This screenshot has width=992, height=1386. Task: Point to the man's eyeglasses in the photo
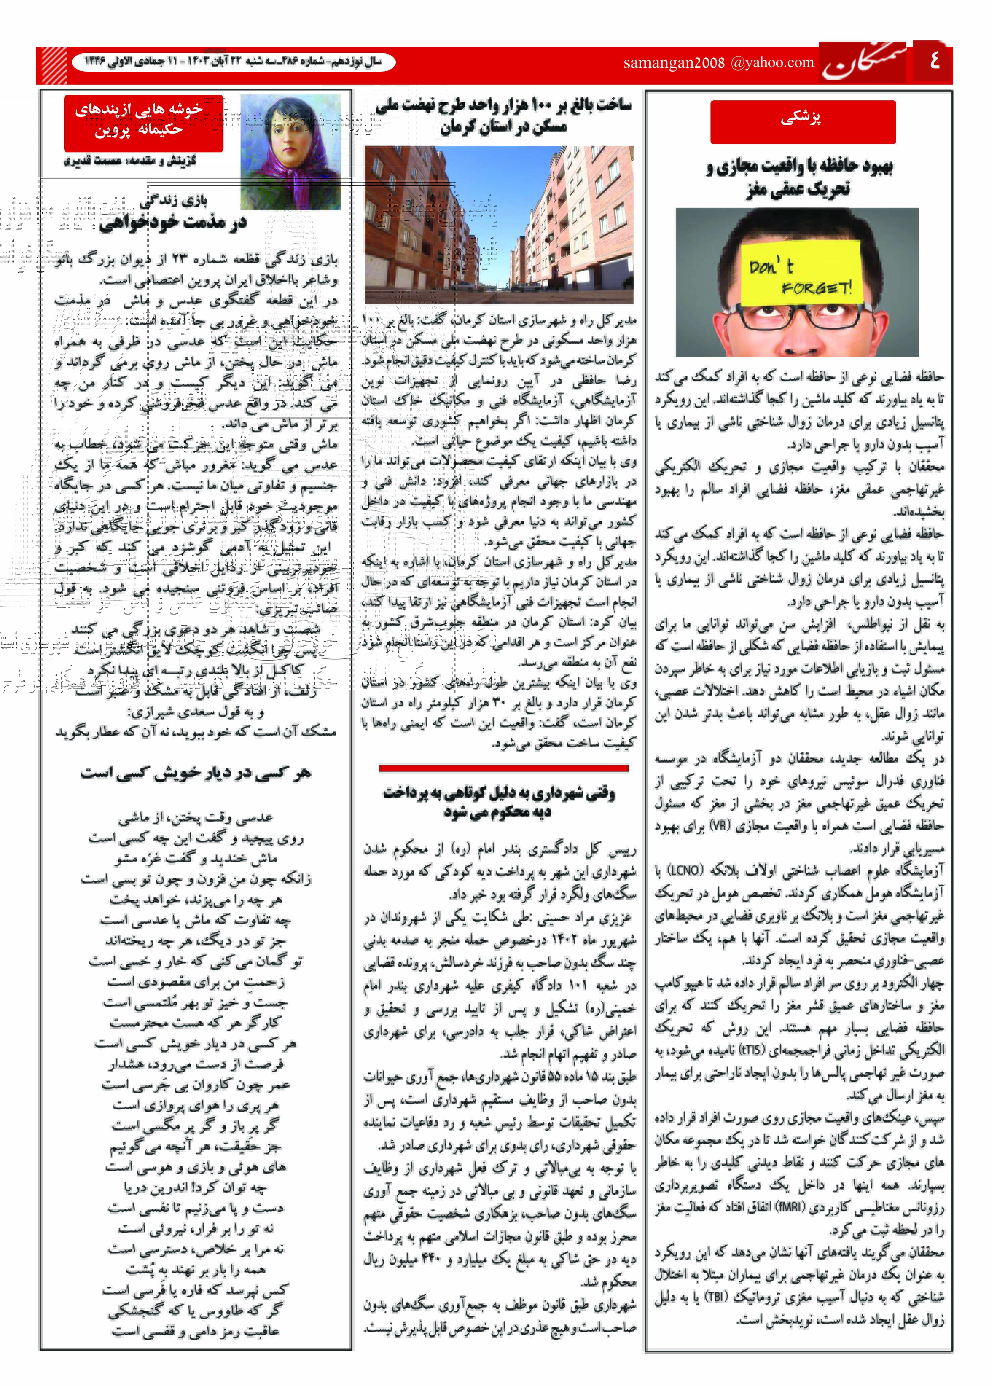[797, 318]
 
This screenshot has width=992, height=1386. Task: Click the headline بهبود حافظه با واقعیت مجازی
[799, 177]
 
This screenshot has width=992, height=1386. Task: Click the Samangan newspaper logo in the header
[864, 63]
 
